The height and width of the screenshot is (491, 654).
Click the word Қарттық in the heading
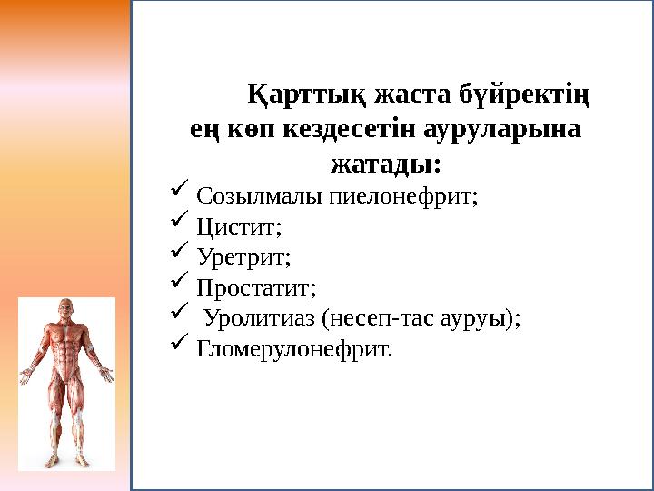[x=293, y=94]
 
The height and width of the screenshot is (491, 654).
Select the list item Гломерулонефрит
[x=294, y=350]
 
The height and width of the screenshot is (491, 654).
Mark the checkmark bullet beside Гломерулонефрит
[x=178, y=346]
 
